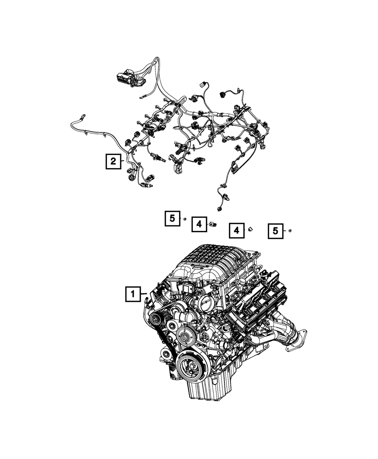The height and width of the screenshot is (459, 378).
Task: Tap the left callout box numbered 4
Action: click(199, 225)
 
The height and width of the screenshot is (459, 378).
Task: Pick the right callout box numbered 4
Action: click(236, 230)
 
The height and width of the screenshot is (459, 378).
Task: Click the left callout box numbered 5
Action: click(172, 219)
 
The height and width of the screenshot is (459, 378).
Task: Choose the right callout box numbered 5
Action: click(276, 231)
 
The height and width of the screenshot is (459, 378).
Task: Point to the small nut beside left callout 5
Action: click(185, 220)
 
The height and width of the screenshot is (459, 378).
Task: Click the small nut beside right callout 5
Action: click(290, 231)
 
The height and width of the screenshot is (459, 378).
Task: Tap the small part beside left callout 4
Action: click(212, 225)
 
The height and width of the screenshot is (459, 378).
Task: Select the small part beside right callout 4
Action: click(250, 229)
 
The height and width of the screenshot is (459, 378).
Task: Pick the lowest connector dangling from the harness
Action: click(219, 208)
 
